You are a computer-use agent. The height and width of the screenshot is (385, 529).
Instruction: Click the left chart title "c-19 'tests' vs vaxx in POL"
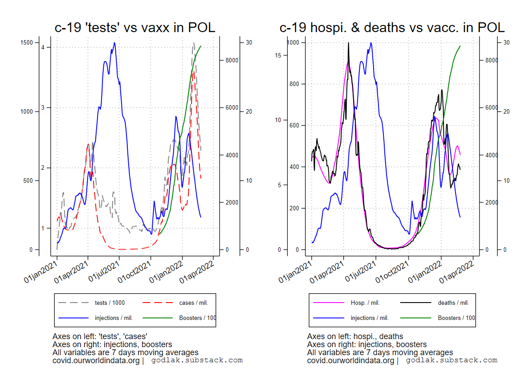tap(135, 27)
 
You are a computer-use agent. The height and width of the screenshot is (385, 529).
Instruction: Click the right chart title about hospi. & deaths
tap(392, 27)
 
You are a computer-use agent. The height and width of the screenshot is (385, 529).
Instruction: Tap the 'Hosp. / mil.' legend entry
tap(365, 303)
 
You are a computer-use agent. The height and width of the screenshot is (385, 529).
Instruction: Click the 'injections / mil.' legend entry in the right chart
tap(370, 318)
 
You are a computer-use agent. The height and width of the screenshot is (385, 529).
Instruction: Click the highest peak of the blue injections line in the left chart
tap(114, 43)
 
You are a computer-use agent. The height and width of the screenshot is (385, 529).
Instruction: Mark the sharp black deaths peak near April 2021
tap(348, 43)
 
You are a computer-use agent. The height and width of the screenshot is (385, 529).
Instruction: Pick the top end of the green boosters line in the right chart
tap(460, 46)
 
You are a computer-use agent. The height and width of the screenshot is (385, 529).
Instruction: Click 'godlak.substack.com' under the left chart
tap(197, 360)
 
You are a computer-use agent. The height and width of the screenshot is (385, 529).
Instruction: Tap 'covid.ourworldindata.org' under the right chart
tap(350, 360)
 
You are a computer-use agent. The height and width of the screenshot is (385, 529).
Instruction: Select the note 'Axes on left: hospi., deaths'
tap(355, 337)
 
